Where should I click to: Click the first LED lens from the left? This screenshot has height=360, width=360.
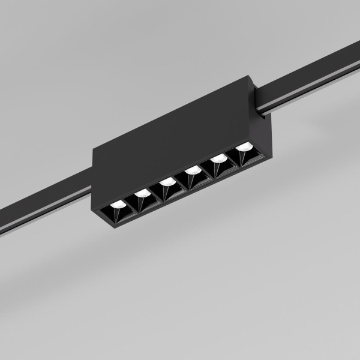(x=118, y=205)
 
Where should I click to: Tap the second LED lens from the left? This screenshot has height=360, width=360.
(x=143, y=193)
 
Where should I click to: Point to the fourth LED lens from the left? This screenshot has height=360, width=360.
(x=193, y=170)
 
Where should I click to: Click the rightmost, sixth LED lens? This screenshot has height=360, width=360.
(x=244, y=147)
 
